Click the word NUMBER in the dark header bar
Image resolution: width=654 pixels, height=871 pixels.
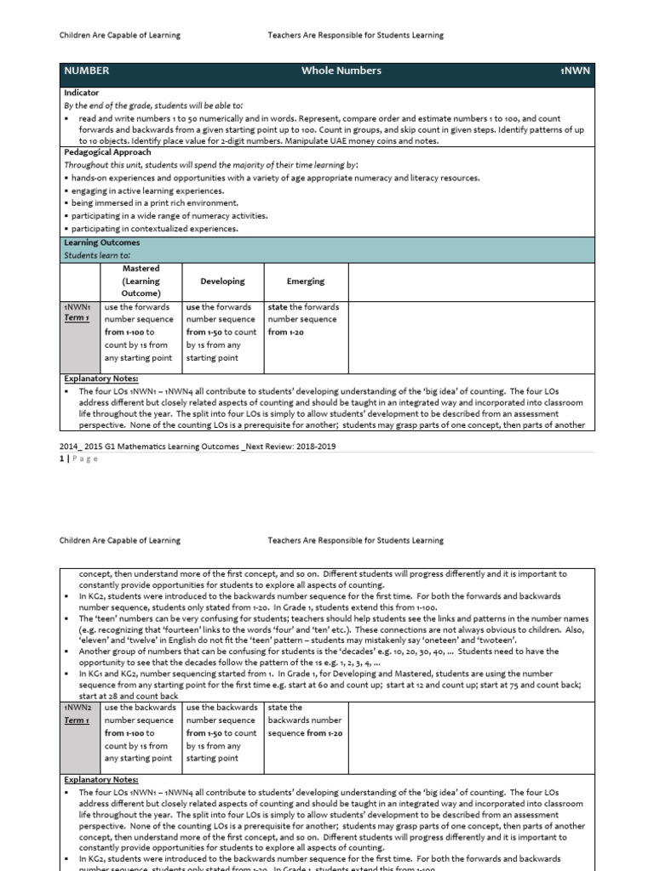click(87, 71)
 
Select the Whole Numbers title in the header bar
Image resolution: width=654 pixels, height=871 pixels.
click(341, 71)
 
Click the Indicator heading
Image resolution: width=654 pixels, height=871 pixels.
click(82, 92)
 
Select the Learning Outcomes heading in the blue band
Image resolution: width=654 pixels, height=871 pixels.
click(102, 243)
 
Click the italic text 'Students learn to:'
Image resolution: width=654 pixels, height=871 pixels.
click(97, 255)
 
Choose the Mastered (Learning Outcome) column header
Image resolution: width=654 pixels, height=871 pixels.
click(141, 281)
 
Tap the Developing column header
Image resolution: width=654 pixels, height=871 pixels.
click(222, 281)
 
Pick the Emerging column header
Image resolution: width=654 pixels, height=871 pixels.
click(305, 281)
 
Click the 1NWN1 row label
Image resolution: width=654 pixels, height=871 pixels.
click(77, 306)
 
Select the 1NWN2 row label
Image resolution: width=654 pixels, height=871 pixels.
click(77, 707)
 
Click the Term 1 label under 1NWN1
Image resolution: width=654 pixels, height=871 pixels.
click(77, 318)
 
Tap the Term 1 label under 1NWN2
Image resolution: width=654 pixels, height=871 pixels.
click(77, 720)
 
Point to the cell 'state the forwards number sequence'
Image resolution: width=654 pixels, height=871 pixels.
click(304, 319)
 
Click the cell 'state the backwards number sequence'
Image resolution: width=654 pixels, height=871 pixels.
click(304, 720)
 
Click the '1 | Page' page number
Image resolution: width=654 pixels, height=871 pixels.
click(79, 459)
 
